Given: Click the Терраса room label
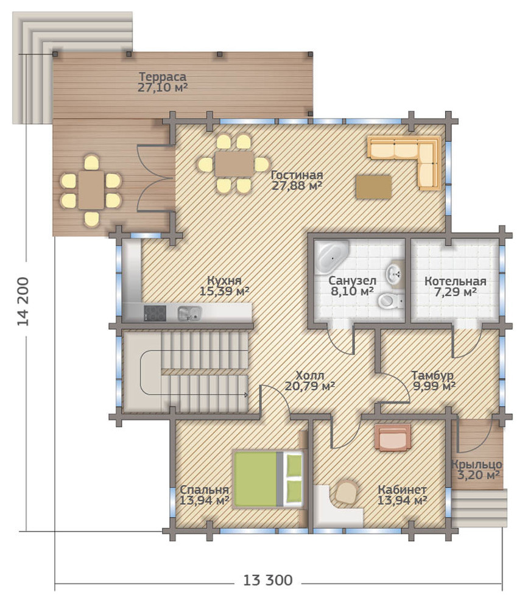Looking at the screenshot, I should [162, 77].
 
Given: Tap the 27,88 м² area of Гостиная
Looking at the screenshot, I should [297, 185].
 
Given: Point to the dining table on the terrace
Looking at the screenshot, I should [90, 190].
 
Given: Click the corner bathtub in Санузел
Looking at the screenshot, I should [331, 258].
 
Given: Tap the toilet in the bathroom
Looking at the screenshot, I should [388, 301].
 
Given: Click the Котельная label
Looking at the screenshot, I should [455, 281].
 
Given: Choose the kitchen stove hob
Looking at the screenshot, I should [155, 313].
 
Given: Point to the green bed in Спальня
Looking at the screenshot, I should [269, 479].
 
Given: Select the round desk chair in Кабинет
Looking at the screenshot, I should [345, 492].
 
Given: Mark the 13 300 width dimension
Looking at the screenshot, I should [267, 580].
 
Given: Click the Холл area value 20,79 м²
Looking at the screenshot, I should [309, 386].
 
